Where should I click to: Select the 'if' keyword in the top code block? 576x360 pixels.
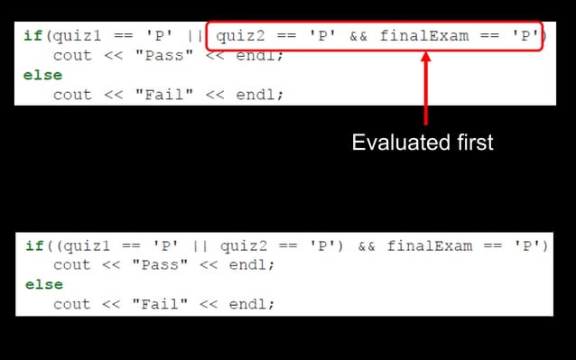[32, 35]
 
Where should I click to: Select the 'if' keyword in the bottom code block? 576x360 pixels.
[33, 245]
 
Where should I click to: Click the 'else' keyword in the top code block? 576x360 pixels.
[42, 75]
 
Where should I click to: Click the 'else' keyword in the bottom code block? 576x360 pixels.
[44, 284]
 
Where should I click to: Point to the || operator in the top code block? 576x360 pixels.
[194, 35]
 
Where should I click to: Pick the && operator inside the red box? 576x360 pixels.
[358, 35]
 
